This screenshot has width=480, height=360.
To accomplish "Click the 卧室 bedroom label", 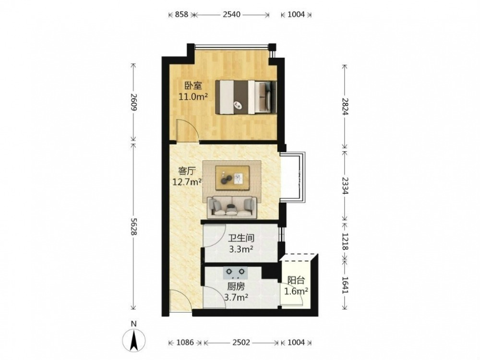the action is point(193,85).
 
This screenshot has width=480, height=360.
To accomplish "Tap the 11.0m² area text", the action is point(193,97).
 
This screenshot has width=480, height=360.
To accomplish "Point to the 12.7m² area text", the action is point(187,182).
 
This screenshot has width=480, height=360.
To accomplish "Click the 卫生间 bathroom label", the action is point(241,238).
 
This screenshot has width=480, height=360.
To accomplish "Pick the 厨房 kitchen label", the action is point(236,287).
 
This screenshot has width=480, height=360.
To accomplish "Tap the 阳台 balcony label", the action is point(296,280).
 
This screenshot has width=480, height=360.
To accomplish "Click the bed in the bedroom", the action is point(246,97).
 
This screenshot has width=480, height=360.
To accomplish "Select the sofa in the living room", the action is point(232,207).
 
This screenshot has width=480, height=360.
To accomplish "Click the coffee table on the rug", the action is point(233,178).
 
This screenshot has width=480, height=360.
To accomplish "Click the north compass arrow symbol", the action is point(134,340).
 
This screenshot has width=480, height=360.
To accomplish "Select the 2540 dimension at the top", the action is point(231,14).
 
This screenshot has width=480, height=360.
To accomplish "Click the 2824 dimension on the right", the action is point(345,106).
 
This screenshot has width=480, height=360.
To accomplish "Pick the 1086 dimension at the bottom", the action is point(185,342).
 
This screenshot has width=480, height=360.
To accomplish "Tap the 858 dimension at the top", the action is point(181,14).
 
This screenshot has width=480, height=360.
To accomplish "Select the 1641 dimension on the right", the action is point(345,285).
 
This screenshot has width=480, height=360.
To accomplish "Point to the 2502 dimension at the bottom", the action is point(241,342).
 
